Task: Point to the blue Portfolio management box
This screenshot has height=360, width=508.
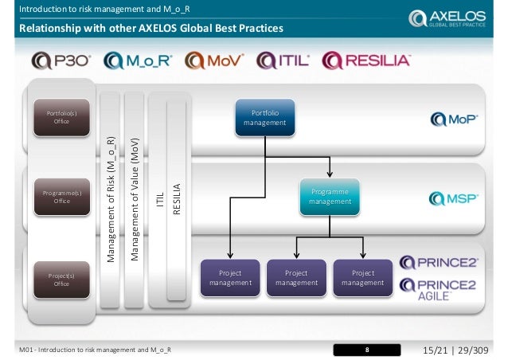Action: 264,119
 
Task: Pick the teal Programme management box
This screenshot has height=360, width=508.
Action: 329,198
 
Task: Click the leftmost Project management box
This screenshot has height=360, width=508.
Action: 230,278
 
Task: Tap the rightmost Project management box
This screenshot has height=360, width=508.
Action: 362,278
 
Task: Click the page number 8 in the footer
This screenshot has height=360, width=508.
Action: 367,349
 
